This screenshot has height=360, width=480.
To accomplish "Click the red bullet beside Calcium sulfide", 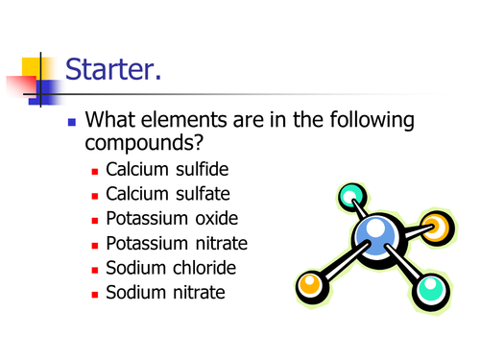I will pos(94,171).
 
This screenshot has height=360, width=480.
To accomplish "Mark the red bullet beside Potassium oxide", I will pos(94,220).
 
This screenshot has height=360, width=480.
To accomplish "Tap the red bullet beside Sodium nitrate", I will pos(94,294).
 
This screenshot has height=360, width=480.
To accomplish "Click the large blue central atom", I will pos(376,236).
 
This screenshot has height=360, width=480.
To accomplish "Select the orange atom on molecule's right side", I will pos(438,228).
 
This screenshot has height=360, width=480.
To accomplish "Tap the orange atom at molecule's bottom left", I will pos(310,285).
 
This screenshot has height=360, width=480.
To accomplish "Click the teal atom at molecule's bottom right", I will pos(428,287).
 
